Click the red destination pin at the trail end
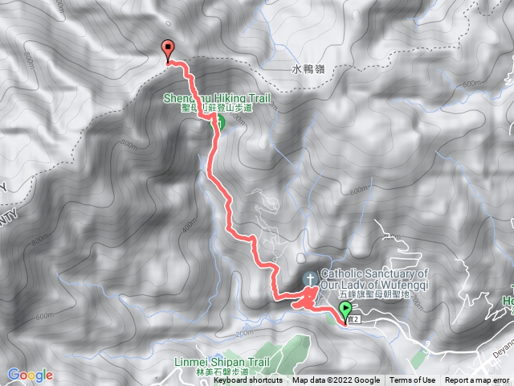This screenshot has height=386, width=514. click(x=169, y=49)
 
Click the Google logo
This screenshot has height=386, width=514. click(x=30, y=375)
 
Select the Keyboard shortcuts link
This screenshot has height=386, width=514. click(x=247, y=380)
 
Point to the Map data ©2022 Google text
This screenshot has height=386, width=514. click(x=336, y=380)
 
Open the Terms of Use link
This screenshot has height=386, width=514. click(x=413, y=380)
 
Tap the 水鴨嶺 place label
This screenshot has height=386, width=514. click(x=309, y=70)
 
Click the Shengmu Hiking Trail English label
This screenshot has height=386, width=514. click(x=218, y=98)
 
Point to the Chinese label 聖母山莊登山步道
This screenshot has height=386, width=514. click(x=218, y=108)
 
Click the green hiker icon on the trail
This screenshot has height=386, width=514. click(x=217, y=123)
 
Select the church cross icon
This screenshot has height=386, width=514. click(x=309, y=279)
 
